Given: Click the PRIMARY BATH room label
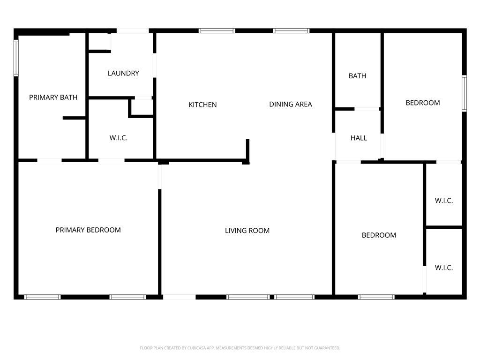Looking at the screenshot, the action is [53, 97].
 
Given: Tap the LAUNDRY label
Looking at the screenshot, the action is [123, 73].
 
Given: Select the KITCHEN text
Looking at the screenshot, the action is [202, 105].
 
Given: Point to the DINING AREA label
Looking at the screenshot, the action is [291, 104].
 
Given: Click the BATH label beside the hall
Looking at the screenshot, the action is [357, 75].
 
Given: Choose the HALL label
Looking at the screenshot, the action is [359, 138].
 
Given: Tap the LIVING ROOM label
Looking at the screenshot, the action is [247, 231].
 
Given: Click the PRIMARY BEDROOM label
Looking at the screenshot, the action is [88, 230].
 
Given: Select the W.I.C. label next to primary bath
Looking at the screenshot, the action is [118, 138].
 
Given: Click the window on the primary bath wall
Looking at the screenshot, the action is [16, 58].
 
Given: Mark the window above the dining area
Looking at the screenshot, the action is [291, 30].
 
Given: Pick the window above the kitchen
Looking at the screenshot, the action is [217, 30].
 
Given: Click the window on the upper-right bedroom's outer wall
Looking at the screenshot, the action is [464, 93].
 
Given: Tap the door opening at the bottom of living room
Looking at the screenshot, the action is [180, 297].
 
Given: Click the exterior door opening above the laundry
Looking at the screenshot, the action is [133, 30].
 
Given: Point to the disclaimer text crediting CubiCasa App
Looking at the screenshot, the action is [240, 348].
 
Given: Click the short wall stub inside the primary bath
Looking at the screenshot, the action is [74, 118].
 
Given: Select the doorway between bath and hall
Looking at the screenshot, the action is [367, 109].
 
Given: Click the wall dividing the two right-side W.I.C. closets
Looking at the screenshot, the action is [444, 227].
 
